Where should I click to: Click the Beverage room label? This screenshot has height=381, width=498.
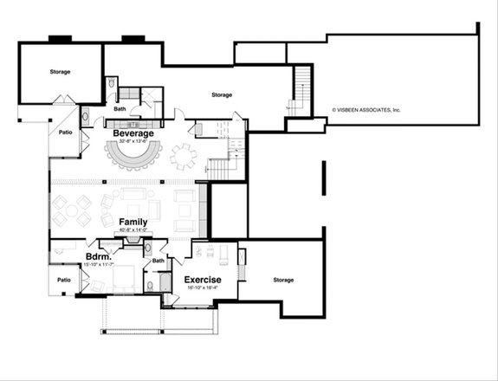tap(133, 133)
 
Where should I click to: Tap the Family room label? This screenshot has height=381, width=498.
tap(133, 223)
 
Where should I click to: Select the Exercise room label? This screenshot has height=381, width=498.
tap(202, 280)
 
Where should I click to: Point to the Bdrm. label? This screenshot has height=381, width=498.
tap(96, 258)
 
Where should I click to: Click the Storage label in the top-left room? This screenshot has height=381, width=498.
tap(60, 71)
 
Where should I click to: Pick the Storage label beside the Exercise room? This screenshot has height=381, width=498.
tap(283, 280)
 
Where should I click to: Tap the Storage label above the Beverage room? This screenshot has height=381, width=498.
tap(221, 94)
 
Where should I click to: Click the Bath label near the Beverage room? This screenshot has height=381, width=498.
tap(119, 109)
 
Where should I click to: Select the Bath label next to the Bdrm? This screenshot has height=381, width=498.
tap(158, 260)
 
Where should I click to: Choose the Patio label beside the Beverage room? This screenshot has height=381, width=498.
tap(64, 132)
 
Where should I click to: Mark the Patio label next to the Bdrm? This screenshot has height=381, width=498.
tap(64, 280)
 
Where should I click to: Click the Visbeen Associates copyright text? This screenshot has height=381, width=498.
tap(366, 110)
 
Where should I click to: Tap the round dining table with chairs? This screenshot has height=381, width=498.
tap(184, 157)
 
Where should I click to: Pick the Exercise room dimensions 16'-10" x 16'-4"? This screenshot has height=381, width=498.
tap(202, 287)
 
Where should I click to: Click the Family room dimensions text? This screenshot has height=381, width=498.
tap(133, 230)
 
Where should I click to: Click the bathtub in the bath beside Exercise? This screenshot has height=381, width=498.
tap(152, 284)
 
